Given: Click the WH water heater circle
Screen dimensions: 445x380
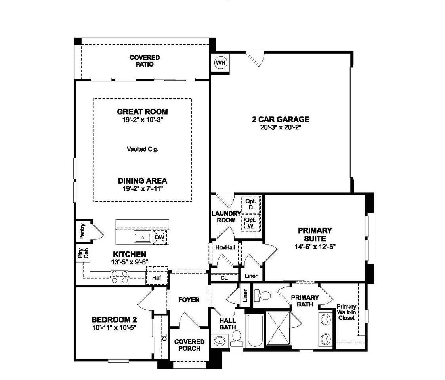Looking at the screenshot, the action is click(x=221, y=63).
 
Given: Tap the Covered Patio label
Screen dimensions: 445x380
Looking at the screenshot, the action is click(x=145, y=61).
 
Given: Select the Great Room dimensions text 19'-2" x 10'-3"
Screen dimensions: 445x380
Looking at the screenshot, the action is click(x=143, y=120).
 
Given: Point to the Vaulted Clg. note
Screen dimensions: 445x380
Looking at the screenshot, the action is click(x=143, y=149).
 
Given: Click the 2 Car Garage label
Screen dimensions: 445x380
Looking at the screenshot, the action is click(x=281, y=120).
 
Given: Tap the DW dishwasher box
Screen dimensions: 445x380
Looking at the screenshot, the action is click(x=160, y=237).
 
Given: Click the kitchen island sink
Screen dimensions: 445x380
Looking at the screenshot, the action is click(x=143, y=237).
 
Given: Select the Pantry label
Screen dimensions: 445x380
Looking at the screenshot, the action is click(x=82, y=231).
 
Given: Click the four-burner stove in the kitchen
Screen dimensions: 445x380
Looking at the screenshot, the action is click(x=120, y=277).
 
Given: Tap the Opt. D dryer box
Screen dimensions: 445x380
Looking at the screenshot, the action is click(x=251, y=204).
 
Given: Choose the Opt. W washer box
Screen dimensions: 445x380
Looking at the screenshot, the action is click(x=251, y=223).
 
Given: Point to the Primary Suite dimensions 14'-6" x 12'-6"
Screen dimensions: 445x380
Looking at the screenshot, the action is click(x=315, y=247).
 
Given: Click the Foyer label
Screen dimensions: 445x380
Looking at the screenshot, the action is click(x=189, y=300).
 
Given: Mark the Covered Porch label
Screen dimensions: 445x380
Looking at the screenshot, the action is click(x=189, y=345).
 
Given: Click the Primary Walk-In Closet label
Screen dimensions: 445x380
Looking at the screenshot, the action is click(x=346, y=312).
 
